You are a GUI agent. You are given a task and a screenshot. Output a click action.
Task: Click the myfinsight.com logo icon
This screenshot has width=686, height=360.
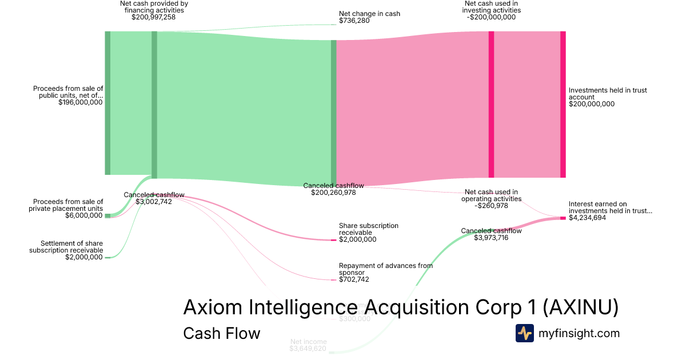click(524, 333)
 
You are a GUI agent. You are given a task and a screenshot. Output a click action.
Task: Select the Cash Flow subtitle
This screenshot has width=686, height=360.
click(221, 333)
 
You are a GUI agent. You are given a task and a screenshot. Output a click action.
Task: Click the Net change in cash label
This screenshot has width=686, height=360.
click(369, 14)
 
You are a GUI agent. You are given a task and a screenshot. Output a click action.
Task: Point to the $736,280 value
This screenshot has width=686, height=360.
click(355, 21)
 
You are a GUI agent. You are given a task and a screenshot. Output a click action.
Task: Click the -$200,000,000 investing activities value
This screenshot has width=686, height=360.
click(491, 17)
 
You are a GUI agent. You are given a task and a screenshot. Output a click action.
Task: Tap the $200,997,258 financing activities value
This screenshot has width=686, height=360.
click(153, 17)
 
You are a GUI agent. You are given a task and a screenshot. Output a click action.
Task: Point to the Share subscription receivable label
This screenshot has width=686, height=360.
click(369, 229)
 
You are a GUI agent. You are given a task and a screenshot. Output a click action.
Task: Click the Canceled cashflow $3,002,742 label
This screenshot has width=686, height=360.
click(154, 198)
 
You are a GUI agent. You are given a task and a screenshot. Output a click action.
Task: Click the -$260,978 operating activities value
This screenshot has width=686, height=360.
click(491, 206)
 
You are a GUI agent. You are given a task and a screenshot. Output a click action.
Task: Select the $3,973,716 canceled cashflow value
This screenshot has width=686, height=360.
click(491, 238)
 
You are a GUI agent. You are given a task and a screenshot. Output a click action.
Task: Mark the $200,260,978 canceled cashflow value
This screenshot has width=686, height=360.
click(334, 193)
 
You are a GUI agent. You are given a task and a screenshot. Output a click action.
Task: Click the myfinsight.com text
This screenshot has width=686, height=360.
click(579, 333)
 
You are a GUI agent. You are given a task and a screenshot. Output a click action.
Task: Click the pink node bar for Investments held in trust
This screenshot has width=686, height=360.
click(563, 104)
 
